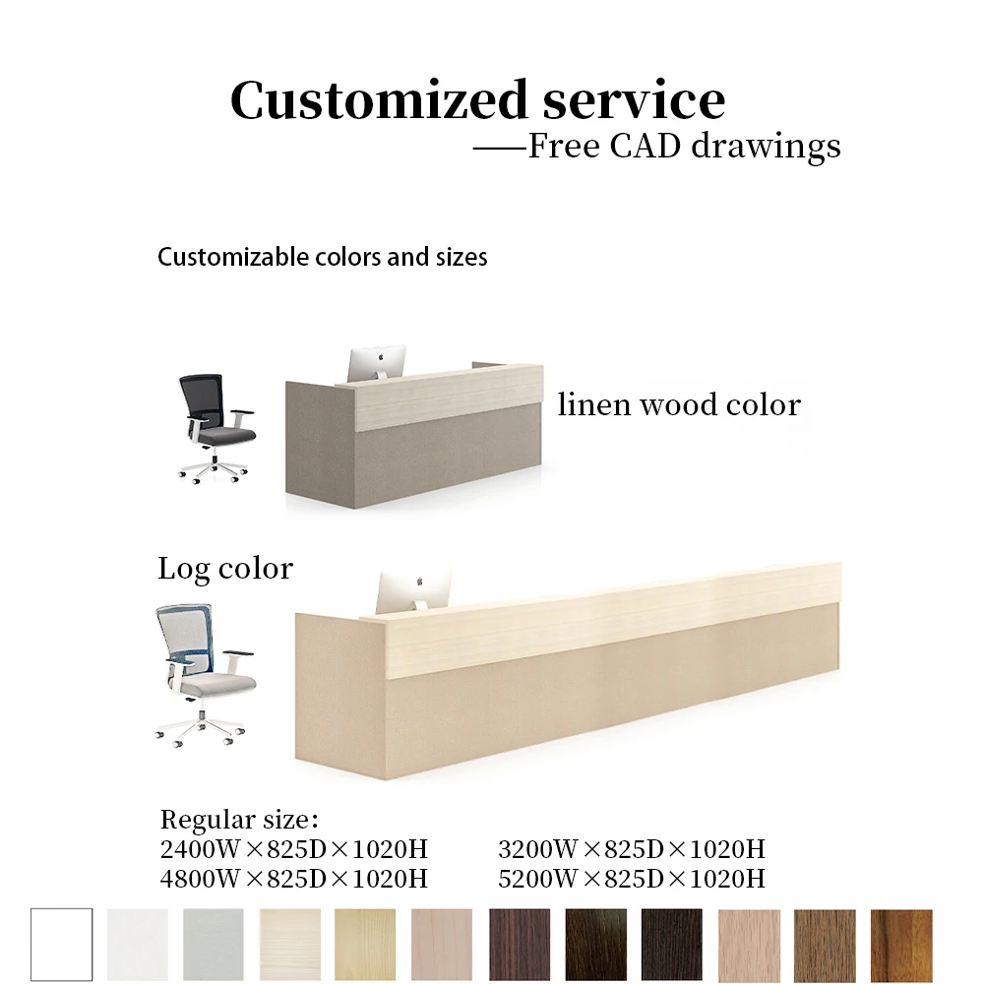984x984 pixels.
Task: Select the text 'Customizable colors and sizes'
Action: (x=322, y=258)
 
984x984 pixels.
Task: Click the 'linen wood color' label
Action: (x=679, y=404)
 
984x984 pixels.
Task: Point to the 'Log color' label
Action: (x=225, y=569)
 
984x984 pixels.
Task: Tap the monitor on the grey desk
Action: (x=377, y=361)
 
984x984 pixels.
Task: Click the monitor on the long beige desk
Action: (x=413, y=590)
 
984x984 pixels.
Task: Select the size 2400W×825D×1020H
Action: (x=293, y=849)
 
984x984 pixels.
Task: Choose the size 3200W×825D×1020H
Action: (x=631, y=849)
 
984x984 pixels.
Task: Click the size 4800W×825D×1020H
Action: (x=293, y=878)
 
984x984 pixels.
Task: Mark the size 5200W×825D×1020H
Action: (x=631, y=878)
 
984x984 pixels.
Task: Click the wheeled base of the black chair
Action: (x=213, y=468)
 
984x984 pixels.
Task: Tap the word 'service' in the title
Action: (x=620, y=101)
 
